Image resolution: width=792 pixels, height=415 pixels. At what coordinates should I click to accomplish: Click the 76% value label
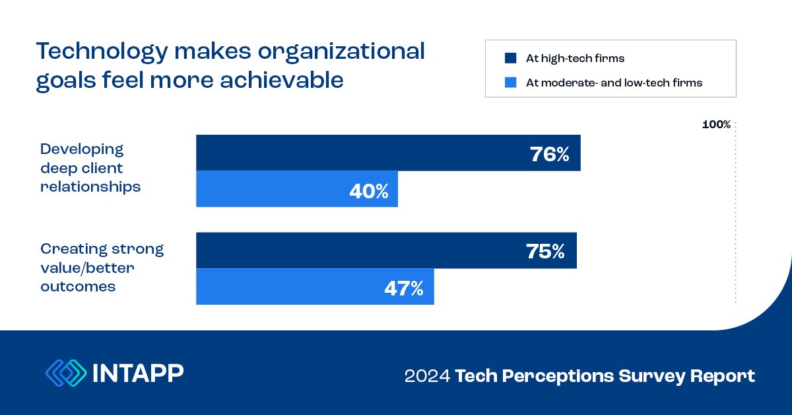coord(549,154)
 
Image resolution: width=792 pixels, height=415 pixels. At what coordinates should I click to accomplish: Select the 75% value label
coord(545,251)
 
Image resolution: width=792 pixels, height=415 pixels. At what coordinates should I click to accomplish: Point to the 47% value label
coord(403,287)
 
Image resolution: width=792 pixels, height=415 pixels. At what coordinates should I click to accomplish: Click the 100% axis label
coord(716,124)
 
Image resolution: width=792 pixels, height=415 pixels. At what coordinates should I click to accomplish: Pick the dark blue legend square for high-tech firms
coord(510,58)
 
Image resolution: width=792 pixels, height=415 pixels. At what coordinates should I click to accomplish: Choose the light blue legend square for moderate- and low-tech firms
coord(510,83)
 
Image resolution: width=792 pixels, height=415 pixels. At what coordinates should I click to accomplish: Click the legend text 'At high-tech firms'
coord(575,58)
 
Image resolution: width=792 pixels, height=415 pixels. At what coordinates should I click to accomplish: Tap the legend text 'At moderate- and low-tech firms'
coord(614,83)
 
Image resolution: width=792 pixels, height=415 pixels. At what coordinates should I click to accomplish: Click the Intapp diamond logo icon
coord(66,373)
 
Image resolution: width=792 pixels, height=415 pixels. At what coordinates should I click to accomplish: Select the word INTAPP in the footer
coord(139,373)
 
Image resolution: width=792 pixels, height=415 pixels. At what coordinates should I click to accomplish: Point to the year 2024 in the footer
coord(426,377)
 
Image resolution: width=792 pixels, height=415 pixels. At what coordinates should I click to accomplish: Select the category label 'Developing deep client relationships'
coord(90,168)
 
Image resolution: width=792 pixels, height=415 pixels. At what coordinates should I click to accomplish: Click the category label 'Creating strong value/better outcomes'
coord(102,268)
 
